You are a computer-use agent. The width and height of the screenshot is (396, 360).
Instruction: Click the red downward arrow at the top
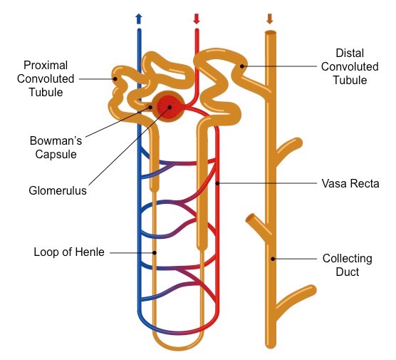pos(197,17)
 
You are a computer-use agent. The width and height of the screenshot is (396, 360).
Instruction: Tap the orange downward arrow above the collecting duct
pos(269,17)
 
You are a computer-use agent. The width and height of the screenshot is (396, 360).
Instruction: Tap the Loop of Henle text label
pos(68,252)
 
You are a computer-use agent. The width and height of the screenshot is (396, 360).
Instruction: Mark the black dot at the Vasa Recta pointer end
pos(217,184)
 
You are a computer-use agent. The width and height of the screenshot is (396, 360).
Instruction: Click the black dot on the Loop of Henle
pos(154,252)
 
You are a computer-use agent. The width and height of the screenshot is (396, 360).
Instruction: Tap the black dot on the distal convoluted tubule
pos(243,66)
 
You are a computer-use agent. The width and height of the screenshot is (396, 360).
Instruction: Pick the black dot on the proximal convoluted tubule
pos(114,79)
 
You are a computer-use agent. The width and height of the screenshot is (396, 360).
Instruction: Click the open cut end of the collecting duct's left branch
pos(249,217)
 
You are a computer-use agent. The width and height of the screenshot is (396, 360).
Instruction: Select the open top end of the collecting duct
pos(270,33)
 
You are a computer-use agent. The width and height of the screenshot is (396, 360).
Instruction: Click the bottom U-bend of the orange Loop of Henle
pos(178,345)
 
